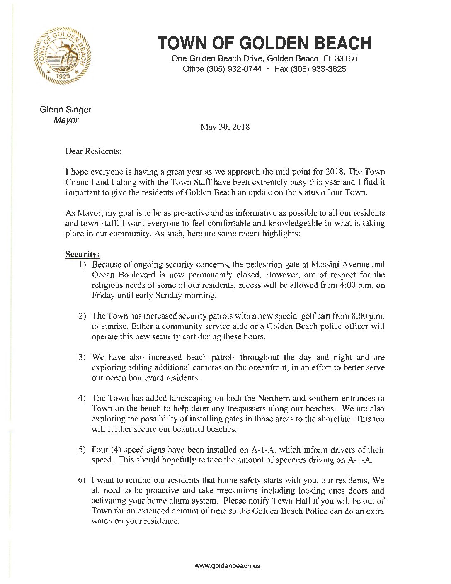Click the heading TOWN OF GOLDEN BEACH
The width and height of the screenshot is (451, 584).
(264, 43)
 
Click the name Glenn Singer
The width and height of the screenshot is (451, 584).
(65, 109)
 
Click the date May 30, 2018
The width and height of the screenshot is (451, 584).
(225, 127)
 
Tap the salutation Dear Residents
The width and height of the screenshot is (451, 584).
(93, 151)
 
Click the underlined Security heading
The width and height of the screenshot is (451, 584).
(82, 254)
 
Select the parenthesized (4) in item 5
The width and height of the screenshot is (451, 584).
(116, 450)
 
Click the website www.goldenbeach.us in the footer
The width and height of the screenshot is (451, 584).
(228, 566)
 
